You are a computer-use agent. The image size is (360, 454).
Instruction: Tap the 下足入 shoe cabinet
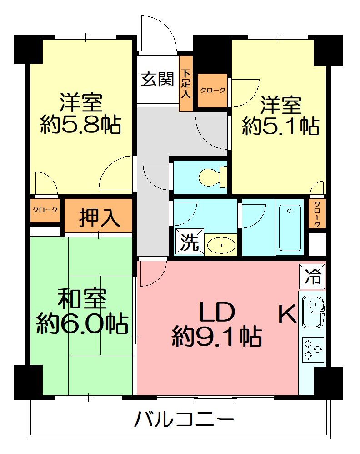pos(185,84)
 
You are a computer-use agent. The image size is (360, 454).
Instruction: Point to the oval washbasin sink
pos(222,246)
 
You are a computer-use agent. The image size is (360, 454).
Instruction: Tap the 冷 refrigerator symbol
pos(312,276)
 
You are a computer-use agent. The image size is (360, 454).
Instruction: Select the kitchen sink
pos(312,312)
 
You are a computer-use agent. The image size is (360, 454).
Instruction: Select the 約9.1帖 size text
pos(216,338)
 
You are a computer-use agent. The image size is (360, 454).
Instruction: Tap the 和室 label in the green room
pos(82,299)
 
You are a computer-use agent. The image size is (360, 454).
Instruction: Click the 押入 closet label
pos(99,217)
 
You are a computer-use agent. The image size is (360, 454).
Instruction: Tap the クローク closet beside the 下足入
pos(213,91)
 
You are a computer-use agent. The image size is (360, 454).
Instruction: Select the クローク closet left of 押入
pos(45,210)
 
